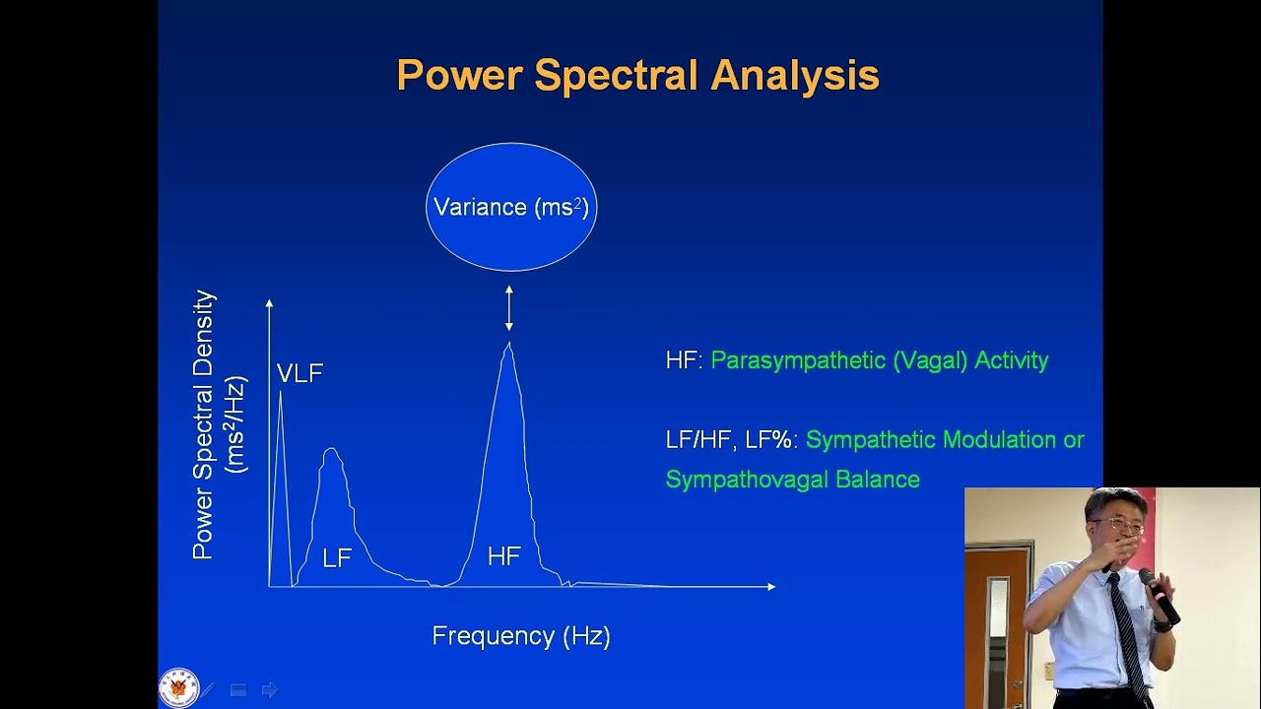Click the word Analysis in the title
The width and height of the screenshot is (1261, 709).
click(795, 76)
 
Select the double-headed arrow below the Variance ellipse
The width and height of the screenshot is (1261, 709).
click(509, 307)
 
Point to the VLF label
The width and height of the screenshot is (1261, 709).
click(299, 373)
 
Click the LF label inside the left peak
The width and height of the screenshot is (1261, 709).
click(337, 558)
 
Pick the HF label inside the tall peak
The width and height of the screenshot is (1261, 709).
click(503, 556)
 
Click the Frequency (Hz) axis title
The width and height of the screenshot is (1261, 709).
click(521, 636)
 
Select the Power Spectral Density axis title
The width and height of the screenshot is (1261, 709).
click(205, 424)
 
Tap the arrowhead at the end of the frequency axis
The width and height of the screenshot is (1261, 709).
click(771, 587)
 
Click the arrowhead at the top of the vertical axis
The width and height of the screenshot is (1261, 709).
click(269, 303)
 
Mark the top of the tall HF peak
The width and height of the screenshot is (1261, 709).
click(508, 345)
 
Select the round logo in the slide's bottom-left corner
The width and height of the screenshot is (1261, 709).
click(178, 687)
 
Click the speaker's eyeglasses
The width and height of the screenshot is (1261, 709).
click(1117, 526)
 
